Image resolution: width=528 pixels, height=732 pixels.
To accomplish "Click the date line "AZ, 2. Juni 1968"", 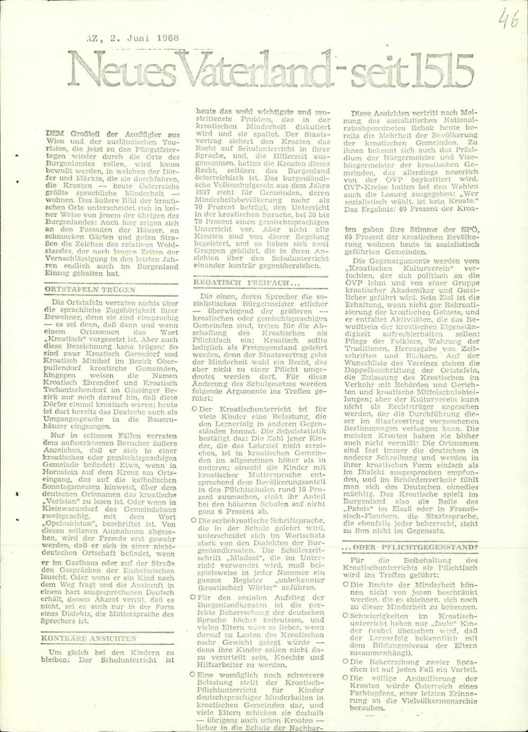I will point(133,38).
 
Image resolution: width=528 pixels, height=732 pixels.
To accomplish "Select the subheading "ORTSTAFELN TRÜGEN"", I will point(89,290).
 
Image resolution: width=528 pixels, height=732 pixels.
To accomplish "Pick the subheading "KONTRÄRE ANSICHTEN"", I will point(89,638).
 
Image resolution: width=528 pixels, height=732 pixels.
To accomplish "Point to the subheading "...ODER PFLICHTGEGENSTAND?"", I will point(410,547).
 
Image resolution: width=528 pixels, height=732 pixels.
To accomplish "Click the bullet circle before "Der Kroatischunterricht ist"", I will point(195,409).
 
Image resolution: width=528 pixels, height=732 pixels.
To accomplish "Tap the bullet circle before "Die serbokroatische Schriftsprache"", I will point(195,521).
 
